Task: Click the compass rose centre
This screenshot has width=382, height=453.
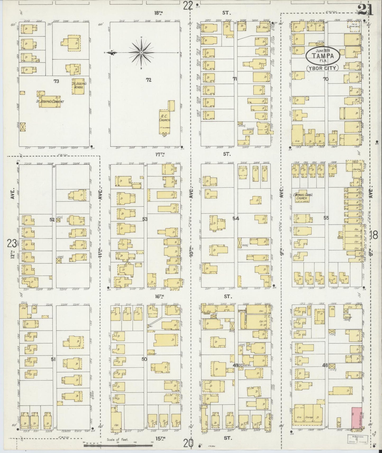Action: click(x=142, y=53)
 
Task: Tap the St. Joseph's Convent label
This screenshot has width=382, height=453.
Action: click(x=50, y=101)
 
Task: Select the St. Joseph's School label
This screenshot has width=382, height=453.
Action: click(x=78, y=85)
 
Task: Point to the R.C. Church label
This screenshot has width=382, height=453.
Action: click(x=165, y=118)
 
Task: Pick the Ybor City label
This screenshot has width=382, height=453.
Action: click(x=323, y=68)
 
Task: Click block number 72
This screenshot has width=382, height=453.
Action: click(x=149, y=80)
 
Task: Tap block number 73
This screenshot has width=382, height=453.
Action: click(x=56, y=81)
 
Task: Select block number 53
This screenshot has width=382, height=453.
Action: click(x=145, y=219)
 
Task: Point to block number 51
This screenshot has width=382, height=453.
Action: click(x=54, y=359)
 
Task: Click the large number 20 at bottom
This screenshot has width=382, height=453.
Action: click(x=188, y=443)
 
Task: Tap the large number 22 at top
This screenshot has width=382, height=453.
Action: click(x=188, y=6)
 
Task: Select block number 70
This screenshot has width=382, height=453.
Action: click(x=325, y=79)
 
